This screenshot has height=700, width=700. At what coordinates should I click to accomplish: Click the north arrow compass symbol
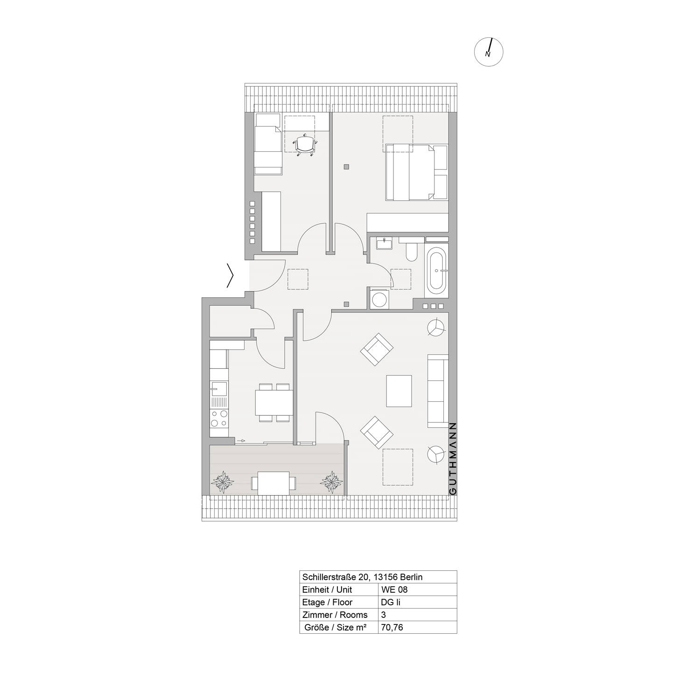coord(489,51)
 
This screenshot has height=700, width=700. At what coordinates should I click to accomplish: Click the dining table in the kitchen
coord(274,403)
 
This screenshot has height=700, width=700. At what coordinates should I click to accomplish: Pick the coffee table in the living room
coord(399,391)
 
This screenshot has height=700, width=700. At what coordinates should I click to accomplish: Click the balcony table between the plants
coord(273,483)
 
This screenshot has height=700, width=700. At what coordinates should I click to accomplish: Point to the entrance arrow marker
coord(230,276)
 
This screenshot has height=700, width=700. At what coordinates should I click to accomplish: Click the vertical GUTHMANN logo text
coord(452,459)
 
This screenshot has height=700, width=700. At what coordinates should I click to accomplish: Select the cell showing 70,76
coord(392,627)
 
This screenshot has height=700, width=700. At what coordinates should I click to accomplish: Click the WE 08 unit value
coord(394,589)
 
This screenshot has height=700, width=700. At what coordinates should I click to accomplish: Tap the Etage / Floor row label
coord(328,602)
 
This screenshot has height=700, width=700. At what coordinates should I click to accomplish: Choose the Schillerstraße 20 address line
coord(363,577)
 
